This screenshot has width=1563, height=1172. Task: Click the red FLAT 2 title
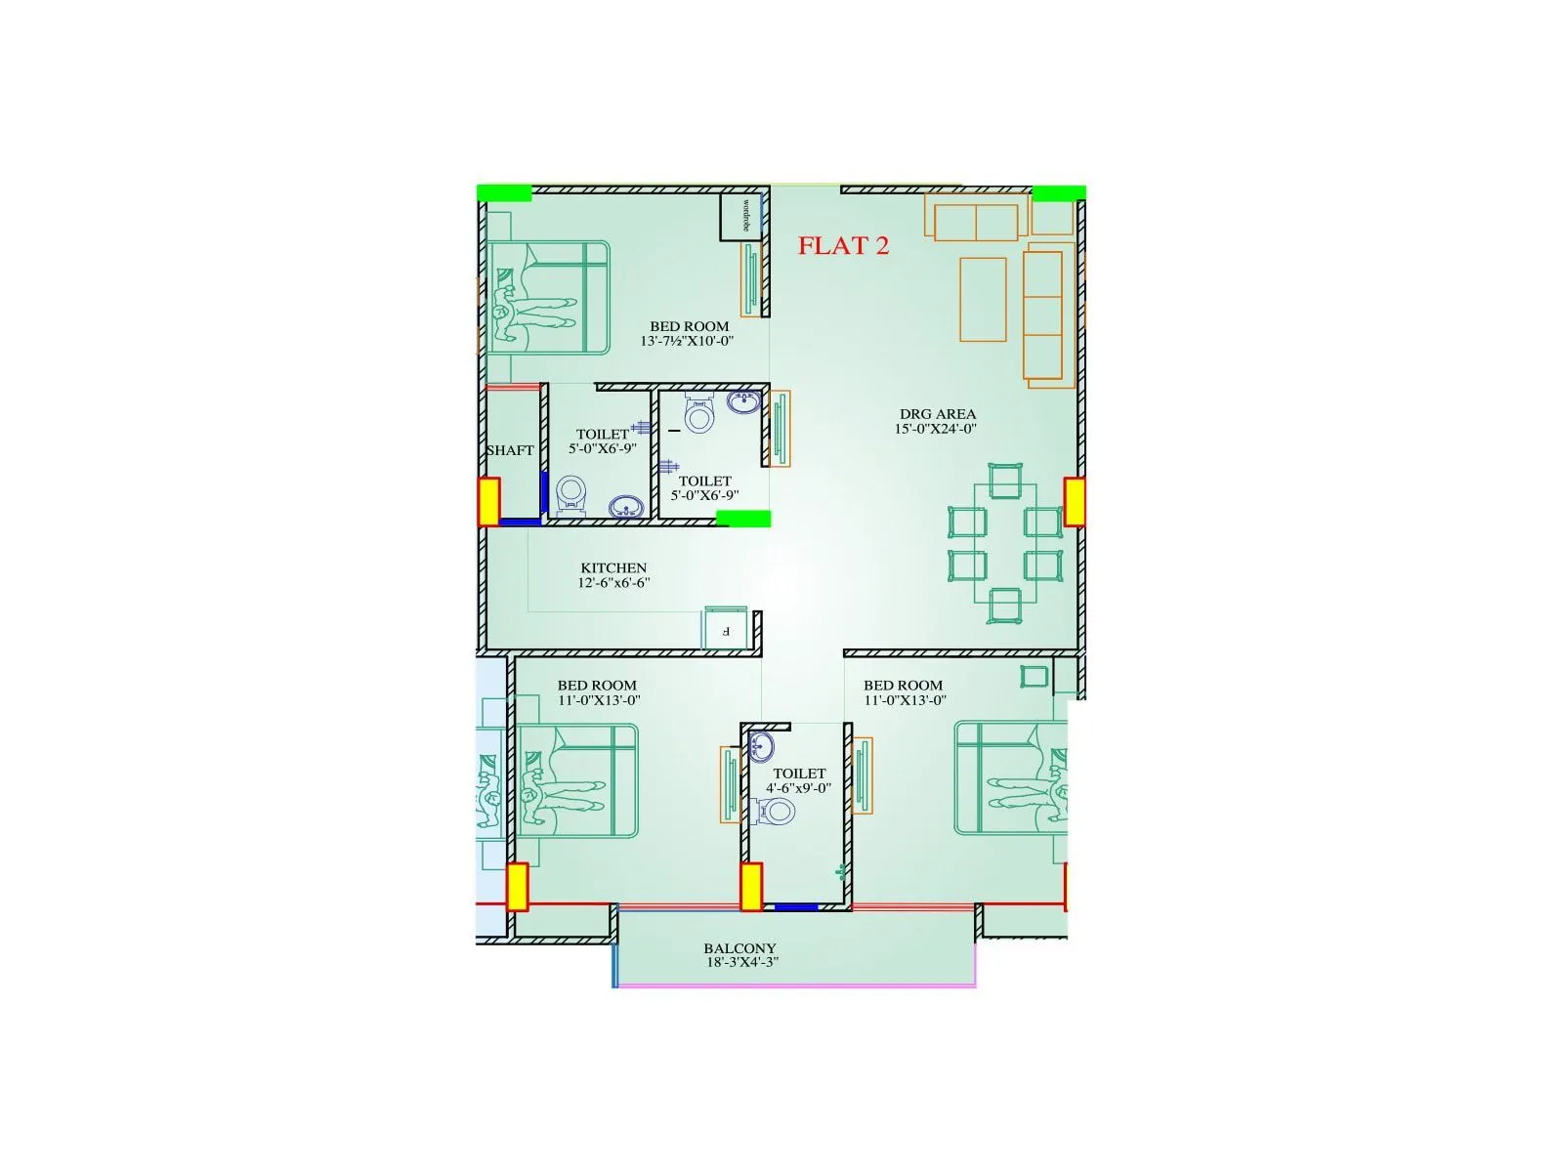tap(843, 246)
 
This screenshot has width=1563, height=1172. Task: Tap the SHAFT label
tap(510, 450)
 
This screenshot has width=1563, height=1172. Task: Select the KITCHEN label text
tap(613, 567)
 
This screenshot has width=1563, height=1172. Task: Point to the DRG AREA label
tap(937, 414)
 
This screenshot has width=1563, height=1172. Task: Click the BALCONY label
tap(740, 948)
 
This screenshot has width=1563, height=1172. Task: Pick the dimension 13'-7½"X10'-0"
tap(687, 341)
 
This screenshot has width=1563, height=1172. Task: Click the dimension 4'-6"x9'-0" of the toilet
tap(798, 787)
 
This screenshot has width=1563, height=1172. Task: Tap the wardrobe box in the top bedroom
tap(741, 216)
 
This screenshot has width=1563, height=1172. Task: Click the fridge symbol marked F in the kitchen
tap(726, 630)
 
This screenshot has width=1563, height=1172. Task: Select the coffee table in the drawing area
tap(983, 299)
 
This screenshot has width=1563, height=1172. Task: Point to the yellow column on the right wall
tap(1074, 502)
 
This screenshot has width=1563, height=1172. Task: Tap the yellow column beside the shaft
tap(488, 501)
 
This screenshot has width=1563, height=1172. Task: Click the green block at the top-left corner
tap(504, 193)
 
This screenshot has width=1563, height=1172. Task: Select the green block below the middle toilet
tap(743, 519)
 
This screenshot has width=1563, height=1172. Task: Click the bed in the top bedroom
tap(549, 298)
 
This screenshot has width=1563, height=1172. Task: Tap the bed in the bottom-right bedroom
tap(1011, 777)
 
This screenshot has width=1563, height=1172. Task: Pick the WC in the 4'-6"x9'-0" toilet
tap(775, 811)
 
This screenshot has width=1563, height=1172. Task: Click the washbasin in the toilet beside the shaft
tap(624, 506)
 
